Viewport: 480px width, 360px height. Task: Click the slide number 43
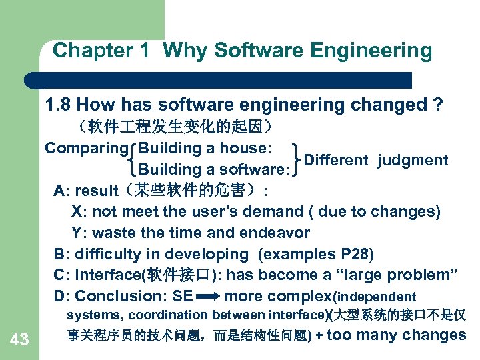click(19, 340)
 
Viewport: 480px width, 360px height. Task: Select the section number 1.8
click(57, 105)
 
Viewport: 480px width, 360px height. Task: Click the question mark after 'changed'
click(437, 105)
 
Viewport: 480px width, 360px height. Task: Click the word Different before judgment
click(336, 160)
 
